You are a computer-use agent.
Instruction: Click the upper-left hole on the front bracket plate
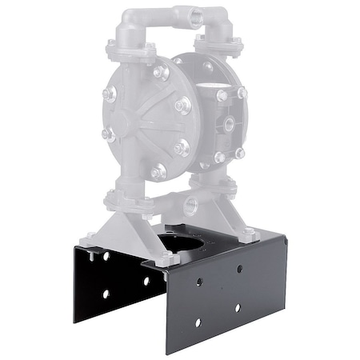coord(199,282)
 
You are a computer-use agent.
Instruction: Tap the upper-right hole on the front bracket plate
coord(238,268)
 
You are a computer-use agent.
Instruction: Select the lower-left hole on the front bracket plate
coord(198,321)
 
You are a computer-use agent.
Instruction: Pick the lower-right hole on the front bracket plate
coord(238,306)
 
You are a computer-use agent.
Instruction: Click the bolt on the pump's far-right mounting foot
coord(249,234)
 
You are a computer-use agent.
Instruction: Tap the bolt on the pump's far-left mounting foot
coord(90,236)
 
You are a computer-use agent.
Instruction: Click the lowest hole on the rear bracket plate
coord(105,294)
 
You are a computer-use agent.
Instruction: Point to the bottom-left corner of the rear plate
coord(74,322)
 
